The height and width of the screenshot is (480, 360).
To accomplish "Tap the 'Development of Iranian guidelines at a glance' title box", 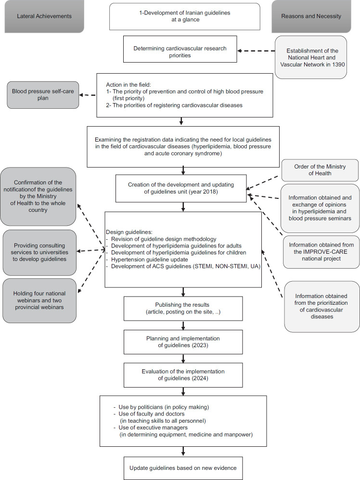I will pos(184,16).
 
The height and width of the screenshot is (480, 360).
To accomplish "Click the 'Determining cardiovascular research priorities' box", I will pos(181,52).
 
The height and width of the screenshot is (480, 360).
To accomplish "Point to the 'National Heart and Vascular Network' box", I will pos(318,57).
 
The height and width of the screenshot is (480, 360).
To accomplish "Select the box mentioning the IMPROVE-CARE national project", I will pos(321,252).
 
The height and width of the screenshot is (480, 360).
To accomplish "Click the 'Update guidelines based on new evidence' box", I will pos(183,467).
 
